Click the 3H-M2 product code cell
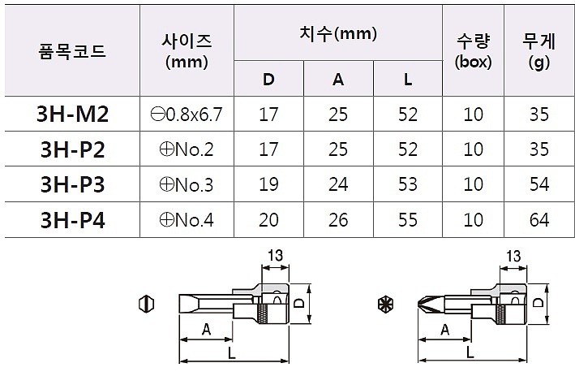72,115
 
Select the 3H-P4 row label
72,219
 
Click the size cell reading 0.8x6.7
187,115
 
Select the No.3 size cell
187,184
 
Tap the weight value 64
539,219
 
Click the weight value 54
539,184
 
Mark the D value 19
268,184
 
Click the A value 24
339,184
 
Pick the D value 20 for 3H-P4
268,219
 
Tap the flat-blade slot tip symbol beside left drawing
147,305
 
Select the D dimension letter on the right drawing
539,302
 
